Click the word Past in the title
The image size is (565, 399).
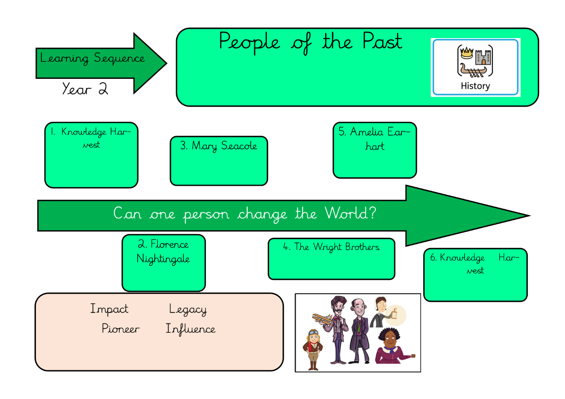tap(382, 42)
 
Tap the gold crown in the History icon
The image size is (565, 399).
tap(467, 52)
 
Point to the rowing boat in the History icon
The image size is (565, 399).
tap(474, 70)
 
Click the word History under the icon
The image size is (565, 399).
tap(475, 86)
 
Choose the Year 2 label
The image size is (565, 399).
tap(85, 89)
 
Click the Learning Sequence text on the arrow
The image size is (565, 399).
tap(92, 58)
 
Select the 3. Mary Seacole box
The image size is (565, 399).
tap(219, 161)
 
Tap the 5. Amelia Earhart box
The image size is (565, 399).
tap(374, 150)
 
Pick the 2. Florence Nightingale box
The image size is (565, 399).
tap(163, 263)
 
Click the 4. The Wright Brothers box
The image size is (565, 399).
tap(331, 258)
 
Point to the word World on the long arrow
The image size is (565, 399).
tap(347, 213)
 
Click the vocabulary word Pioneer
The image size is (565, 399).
tap(120, 329)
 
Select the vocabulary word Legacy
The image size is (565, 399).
tap(188, 309)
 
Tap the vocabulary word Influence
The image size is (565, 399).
tap(191, 329)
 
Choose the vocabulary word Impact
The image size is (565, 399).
tap(109, 309)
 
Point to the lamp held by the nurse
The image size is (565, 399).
tap(395, 312)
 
